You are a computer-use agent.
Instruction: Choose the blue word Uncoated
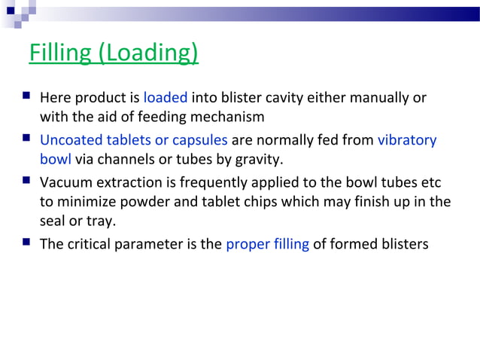click(x=71, y=141)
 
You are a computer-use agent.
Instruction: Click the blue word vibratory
click(x=406, y=141)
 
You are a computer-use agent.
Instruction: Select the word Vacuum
click(x=65, y=184)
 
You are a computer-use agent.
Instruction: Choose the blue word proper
click(x=246, y=246)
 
